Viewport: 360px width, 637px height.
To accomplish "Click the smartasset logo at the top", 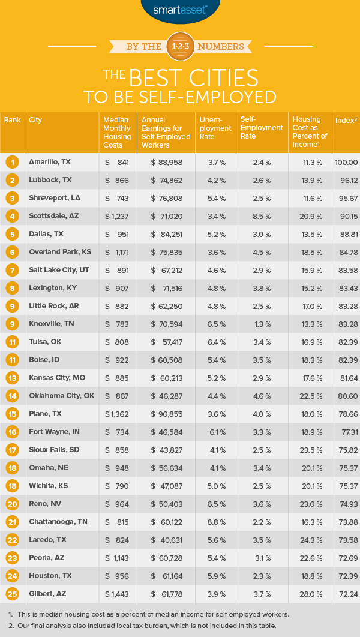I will tap(180, 10).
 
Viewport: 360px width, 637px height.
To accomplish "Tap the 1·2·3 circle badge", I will tap(179, 46).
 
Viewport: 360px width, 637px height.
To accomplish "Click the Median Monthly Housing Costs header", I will tap(116, 132).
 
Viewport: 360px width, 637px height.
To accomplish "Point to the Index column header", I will tap(346, 120).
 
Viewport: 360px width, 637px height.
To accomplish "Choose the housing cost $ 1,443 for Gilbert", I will tap(116, 594).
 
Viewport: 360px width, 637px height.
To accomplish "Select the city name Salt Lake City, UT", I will tap(59, 270).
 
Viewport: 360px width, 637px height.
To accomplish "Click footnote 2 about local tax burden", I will tap(144, 625).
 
